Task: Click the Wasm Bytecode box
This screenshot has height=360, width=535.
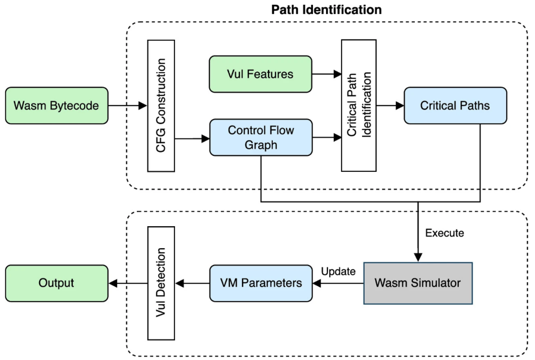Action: click(x=56, y=106)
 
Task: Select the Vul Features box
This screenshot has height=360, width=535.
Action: click(x=260, y=74)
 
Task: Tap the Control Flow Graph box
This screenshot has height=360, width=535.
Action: click(x=261, y=137)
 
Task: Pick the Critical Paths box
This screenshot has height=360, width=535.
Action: click(x=455, y=106)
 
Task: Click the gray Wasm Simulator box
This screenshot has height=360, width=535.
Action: click(x=418, y=283)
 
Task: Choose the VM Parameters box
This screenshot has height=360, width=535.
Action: click(x=261, y=283)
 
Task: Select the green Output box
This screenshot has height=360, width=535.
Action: click(x=56, y=283)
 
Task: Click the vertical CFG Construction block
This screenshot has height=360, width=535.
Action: click(x=161, y=106)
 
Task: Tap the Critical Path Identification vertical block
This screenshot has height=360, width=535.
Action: click(x=358, y=106)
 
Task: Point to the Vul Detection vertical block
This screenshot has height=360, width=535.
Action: click(x=161, y=283)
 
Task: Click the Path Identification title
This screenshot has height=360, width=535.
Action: click(x=327, y=9)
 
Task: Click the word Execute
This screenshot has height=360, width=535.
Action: click(x=445, y=233)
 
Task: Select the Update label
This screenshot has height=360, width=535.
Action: click(x=338, y=272)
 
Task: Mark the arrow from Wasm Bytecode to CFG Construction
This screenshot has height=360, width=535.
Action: click(x=127, y=106)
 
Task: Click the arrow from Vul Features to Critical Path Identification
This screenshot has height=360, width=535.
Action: click(x=327, y=74)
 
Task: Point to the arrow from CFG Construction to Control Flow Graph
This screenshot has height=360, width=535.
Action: click(x=192, y=138)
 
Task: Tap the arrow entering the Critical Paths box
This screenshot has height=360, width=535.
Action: click(x=390, y=106)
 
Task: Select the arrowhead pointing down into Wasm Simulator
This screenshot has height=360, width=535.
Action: click(x=418, y=258)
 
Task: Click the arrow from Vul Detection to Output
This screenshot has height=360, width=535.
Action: click(x=128, y=283)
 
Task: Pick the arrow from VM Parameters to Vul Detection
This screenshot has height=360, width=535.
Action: click(x=192, y=283)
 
